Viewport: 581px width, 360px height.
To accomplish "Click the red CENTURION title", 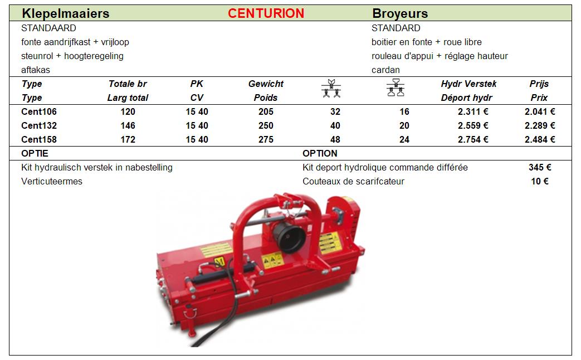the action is tap(266, 13).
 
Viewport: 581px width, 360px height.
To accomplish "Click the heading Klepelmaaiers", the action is tap(66, 14).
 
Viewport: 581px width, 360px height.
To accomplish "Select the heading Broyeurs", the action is tap(400, 14).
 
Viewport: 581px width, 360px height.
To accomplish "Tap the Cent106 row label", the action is tap(39, 111).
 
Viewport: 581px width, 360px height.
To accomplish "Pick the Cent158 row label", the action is tap(39, 139).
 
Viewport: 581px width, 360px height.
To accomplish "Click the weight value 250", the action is tap(266, 126).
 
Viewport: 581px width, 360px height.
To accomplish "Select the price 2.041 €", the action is tap(539, 111).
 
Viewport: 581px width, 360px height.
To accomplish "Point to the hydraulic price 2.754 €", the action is tap(473, 139).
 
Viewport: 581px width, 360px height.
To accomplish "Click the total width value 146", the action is tap(128, 126).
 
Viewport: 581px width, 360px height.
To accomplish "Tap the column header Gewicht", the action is tap(266, 84).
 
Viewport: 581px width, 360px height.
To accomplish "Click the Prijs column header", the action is tap(539, 84).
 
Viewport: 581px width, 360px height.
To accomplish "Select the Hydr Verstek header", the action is tap(468, 84).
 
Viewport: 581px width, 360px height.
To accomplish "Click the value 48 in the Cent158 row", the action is tap(335, 139).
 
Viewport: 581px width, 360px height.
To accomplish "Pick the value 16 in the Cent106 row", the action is tap(404, 111).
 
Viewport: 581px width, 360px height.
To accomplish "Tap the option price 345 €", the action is tap(540, 167).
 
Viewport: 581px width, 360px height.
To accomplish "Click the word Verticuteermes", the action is tap(51, 181).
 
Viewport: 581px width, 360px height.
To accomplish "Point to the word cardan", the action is tap(385, 70).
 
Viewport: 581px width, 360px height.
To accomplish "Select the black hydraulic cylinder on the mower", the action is tap(222, 274).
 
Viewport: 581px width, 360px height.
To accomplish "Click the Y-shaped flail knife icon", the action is tap(331, 88).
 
